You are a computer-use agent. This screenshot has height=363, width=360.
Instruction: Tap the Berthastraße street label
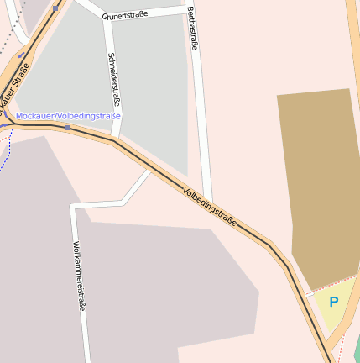pyautogui.click(x=192, y=29)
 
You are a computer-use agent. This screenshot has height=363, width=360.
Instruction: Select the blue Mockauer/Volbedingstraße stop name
pyautogui.click(x=68, y=116)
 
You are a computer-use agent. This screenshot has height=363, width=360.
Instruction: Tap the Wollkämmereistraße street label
pyautogui.click(x=79, y=276)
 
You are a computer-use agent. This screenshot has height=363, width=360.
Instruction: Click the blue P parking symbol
pyautogui.click(x=333, y=302)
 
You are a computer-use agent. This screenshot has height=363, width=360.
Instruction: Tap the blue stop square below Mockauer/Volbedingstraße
pyautogui.click(x=67, y=128)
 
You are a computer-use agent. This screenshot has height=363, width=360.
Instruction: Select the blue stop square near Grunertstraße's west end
pyautogui.click(x=55, y=8)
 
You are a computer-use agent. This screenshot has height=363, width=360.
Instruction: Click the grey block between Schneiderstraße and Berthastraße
pyautogui.click(x=151, y=92)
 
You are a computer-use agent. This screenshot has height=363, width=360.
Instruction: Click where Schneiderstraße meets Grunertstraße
pyautogui.click(x=107, y=18)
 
